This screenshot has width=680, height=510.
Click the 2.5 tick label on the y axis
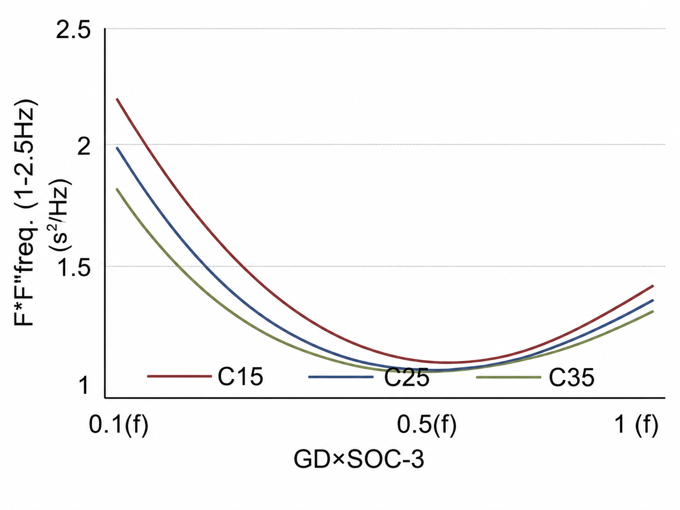(x=74, y=30)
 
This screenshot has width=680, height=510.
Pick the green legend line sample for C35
(x=508, y=377)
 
